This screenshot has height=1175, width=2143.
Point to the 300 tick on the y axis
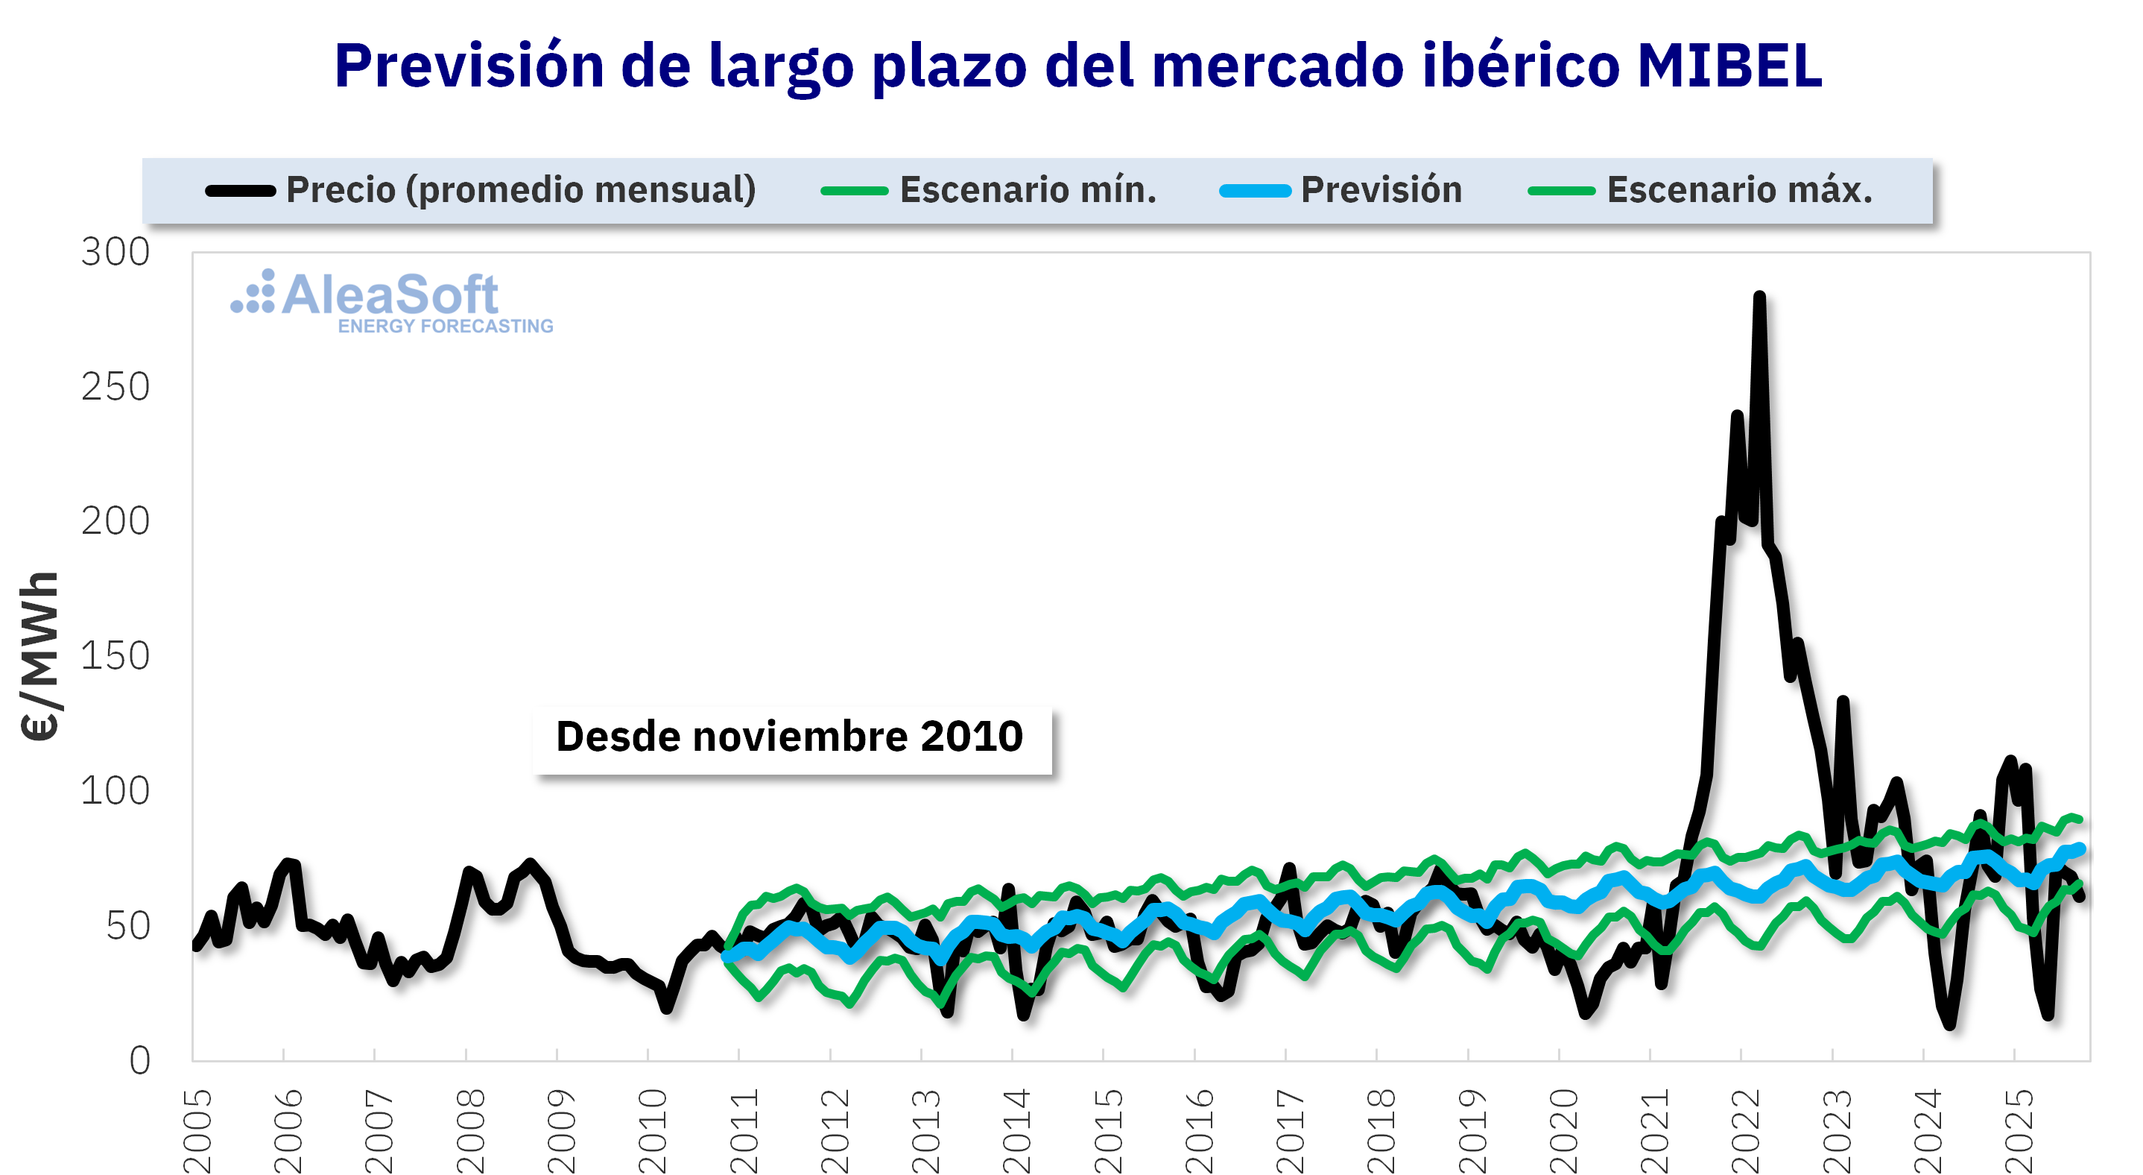115,252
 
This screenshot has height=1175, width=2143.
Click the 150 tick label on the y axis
115,657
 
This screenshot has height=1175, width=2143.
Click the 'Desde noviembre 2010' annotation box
791,737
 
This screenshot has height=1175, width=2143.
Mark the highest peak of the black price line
1759,297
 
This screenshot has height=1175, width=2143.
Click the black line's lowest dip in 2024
1950,1024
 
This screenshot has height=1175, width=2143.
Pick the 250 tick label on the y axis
115,387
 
